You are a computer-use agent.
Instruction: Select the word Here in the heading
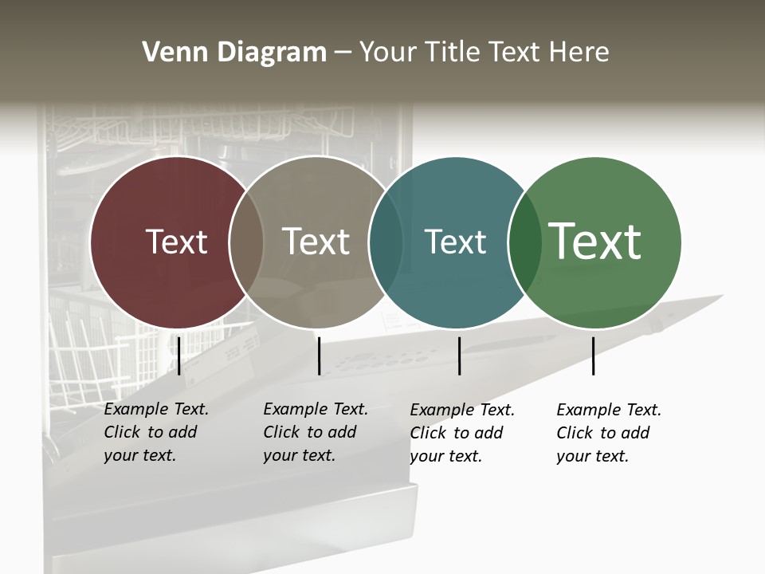tap(580, 53)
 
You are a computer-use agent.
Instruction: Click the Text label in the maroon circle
tap(176, 242)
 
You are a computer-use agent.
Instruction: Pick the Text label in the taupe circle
tap(316, 242)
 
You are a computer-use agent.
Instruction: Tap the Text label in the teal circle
tap(455, 242)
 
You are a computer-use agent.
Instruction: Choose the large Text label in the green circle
tap(595, 242)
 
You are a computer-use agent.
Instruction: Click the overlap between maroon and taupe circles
tap(246, 242)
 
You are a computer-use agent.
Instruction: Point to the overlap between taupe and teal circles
tap(385, 242)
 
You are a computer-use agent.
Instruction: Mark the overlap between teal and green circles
tap(524, 242)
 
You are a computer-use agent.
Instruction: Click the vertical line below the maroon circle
tap(178, 356)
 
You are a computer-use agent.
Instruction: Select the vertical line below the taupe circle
tap(319, 356)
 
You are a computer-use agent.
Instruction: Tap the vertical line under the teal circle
tap(459, 356)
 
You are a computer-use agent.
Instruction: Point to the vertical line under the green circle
tap(593, 356)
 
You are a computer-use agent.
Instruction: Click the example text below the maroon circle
tap(155, 432)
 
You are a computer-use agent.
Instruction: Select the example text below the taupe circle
tap(315, 432)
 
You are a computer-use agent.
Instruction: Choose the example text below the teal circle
tap(461, 433)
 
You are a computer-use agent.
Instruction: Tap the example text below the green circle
tap(608, 433)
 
